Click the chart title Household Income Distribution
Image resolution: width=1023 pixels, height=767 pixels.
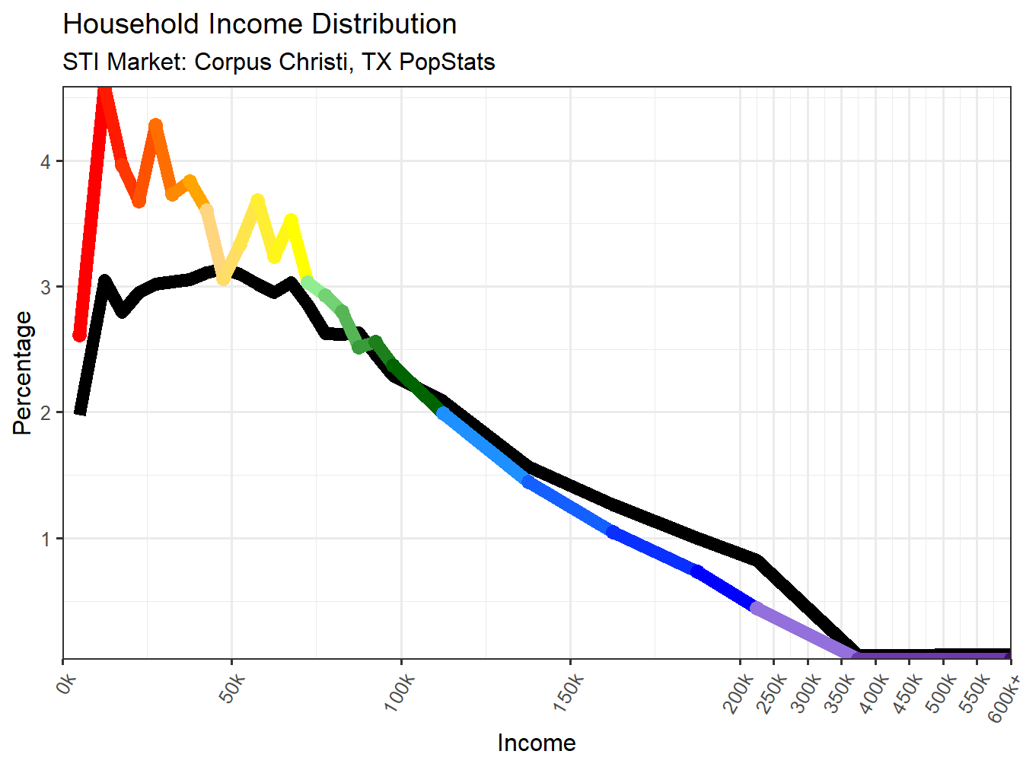[x=260, y=24]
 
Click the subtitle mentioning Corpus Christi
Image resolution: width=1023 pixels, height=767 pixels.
[x=279, y=62]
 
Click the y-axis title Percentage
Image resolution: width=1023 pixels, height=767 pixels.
[x=23, y=373]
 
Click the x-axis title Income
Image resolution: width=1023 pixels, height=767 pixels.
[x=537, y=743]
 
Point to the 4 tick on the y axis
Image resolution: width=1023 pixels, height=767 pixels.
[x=46, y=162]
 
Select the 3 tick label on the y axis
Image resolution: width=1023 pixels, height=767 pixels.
[x=46, y=288]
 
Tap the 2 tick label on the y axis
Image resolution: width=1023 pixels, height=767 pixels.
[x=46, y=413]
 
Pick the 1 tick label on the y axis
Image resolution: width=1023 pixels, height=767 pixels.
[x=46, y=539]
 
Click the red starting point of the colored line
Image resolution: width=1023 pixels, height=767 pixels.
[x=79, y=336]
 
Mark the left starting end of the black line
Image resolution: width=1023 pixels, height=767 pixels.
[x=80, y=412]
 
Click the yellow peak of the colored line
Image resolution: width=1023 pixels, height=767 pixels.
[x=291, y=220]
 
